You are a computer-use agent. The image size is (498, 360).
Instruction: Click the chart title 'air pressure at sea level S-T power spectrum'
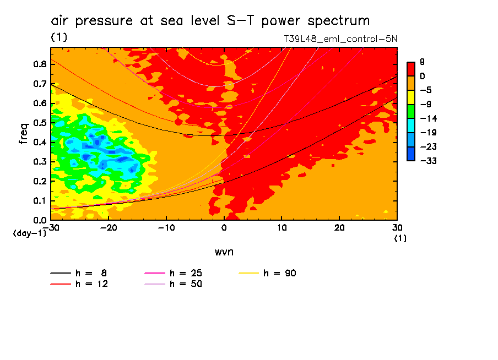[210, 21]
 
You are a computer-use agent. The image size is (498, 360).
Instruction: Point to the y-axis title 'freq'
[23, 134]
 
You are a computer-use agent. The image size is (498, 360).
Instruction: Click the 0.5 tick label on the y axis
[40, 123]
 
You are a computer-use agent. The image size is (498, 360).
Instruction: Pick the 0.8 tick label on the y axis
[40, 64]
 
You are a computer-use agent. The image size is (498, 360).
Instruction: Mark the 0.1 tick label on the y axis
[40, 201]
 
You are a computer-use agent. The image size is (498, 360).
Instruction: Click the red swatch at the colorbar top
[411, 69]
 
